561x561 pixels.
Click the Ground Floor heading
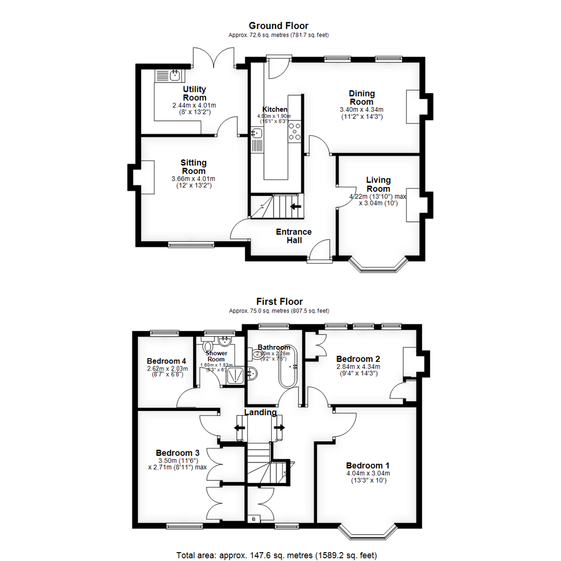pyautogui.click(x=278, y=25)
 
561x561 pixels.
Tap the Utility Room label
pyautogui.click(x=194, y=94)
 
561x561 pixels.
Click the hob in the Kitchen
pyautogui.click(x=295, y=130)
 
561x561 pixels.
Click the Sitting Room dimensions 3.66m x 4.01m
pyautogui.click(x=193, y=179)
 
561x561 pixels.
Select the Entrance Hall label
pyautogui.click(x=293, y=236)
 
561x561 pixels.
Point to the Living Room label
pyautogui.click(x=378, y=184)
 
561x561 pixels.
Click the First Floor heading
pyautogui.click(x=279, y=301)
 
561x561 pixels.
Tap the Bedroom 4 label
pyautogui.click(x=166, y=361)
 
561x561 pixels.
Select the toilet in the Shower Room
pyautogui.click(x=209, y=346)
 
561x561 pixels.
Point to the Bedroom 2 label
pyautogui.click(x=358, y=359)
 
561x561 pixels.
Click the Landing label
pyautogui.click(x=261, y=412)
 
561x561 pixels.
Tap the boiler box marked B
pyautogui.click(x=254, y=519)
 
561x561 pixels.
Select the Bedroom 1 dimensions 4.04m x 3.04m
pyautogui.click(x=367, y=473)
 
